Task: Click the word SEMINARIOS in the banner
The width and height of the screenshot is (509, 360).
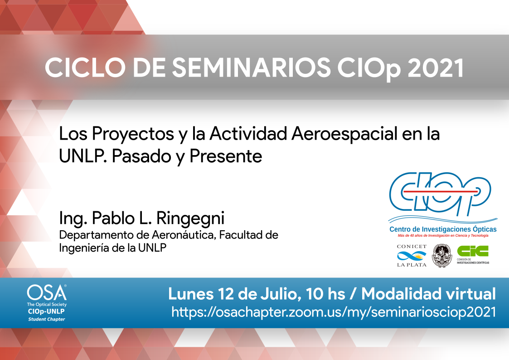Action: pos(251,68)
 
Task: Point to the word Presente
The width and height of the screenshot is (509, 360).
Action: pos(226,156)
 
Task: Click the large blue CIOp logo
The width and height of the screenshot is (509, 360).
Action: pos(440,194)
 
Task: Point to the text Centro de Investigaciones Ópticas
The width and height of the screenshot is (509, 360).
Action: pos(443,229)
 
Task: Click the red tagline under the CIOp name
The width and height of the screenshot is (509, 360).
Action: pos(443,235)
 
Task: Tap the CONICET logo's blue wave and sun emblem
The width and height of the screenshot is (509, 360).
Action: pos(412,256)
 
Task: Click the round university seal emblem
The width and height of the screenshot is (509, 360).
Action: pos(442,256)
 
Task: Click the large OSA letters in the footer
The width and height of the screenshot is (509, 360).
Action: pos(47,293)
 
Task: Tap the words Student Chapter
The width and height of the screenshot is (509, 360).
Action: pos(46,320)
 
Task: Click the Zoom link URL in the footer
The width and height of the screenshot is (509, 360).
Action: pos(334,312)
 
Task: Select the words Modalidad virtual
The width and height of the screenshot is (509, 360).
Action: pos(428,294)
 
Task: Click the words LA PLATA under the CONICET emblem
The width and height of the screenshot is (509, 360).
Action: pos(412,265)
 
